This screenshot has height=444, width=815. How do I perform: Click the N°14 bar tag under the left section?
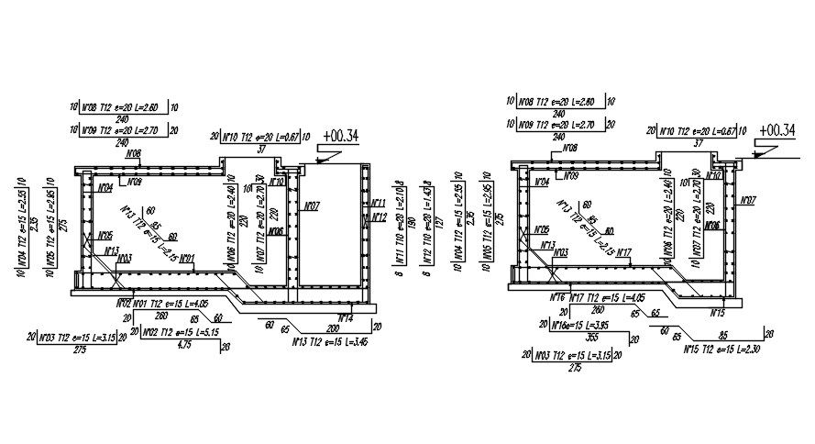click(346, 318)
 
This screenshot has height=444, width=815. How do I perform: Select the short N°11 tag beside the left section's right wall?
click(380, 203)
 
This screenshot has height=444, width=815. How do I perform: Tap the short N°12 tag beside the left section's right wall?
click(380, 217)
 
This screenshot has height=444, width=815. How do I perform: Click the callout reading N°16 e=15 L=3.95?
click(575, 324)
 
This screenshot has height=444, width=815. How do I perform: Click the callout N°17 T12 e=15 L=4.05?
click(602, 298)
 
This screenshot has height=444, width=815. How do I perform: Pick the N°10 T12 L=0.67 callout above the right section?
click(698, 131)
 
